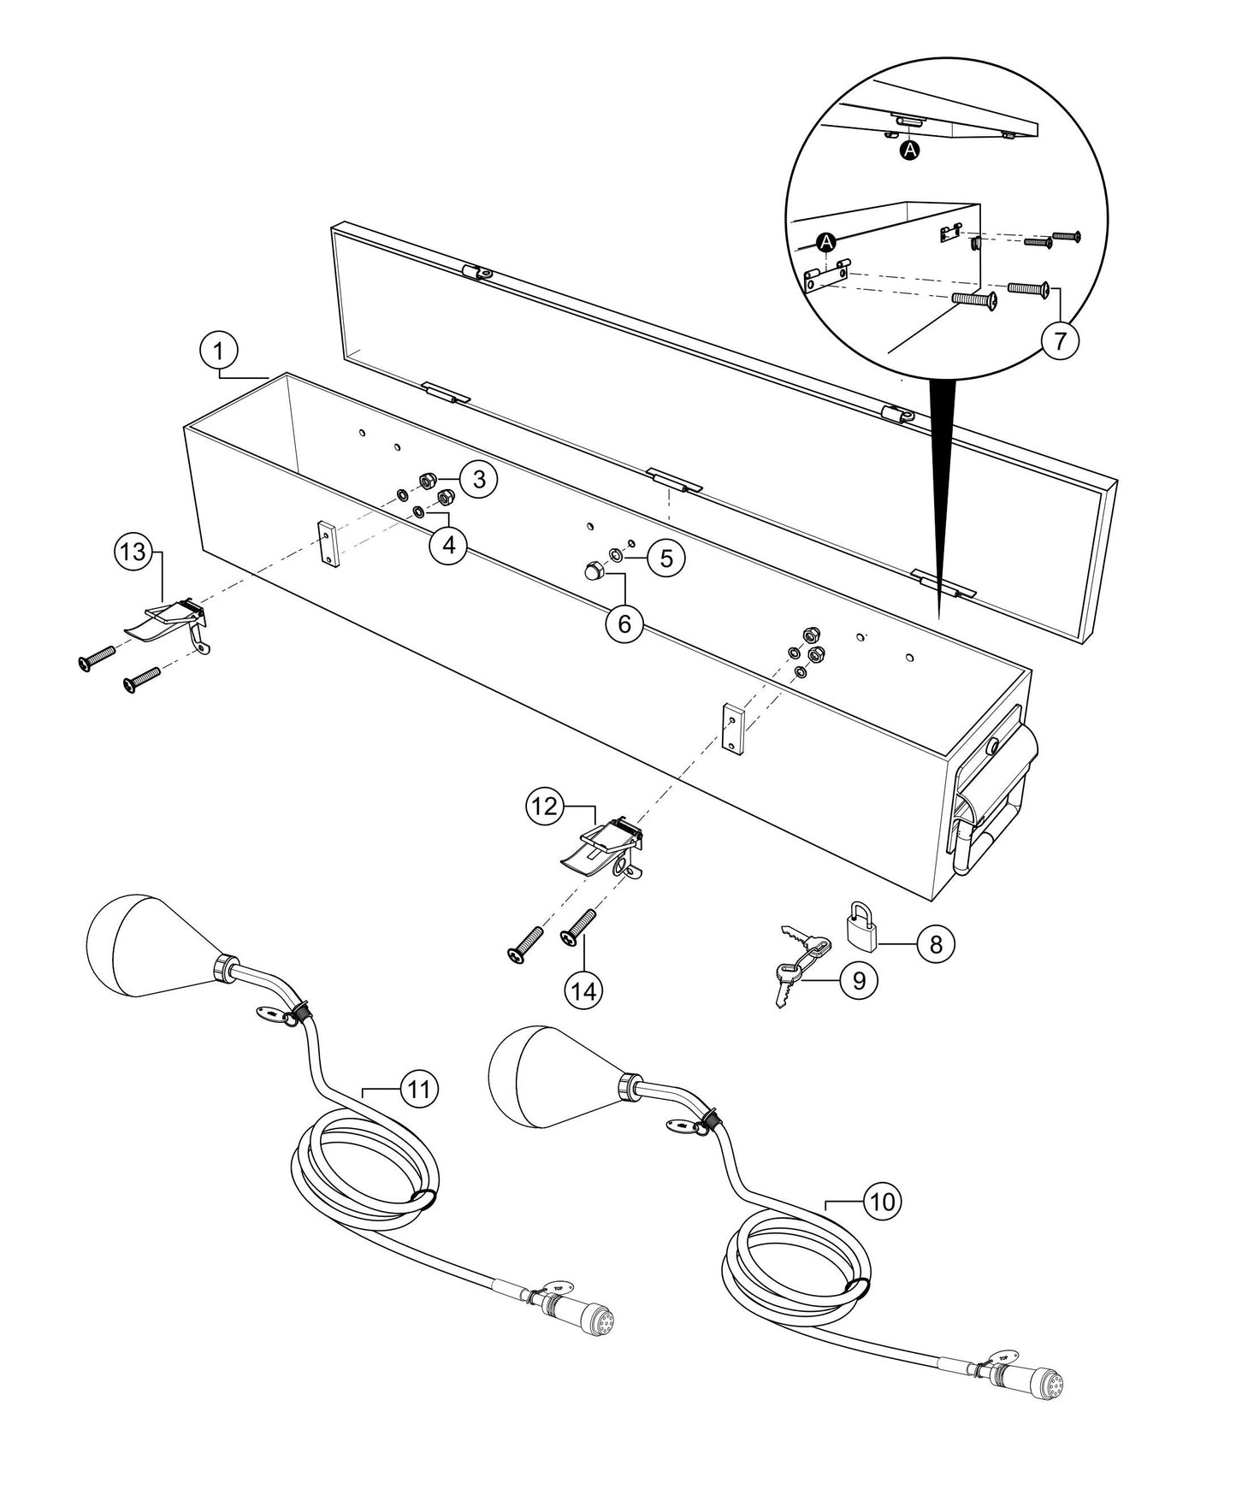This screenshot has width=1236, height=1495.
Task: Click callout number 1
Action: point(219,351)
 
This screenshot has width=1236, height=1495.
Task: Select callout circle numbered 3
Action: point(479,479)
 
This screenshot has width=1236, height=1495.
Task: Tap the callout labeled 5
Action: point(666,558)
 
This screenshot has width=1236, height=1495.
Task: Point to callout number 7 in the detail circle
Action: point(1060,341)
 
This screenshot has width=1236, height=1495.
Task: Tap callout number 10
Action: point(882,1202)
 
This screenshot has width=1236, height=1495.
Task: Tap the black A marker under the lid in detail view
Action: point(911,150)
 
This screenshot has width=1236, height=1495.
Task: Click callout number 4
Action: point(447,545)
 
